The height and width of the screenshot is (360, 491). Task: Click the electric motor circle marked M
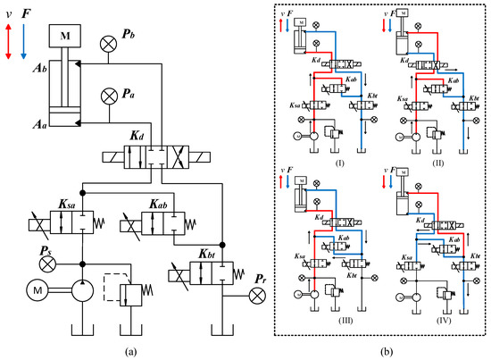[x=35, y=291]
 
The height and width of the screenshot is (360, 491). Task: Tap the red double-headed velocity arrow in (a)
[x=9, y=43]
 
